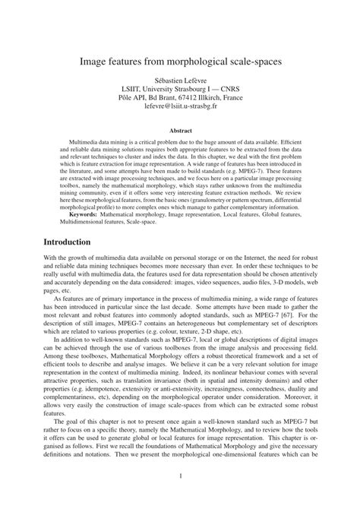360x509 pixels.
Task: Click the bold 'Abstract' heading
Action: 180,131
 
